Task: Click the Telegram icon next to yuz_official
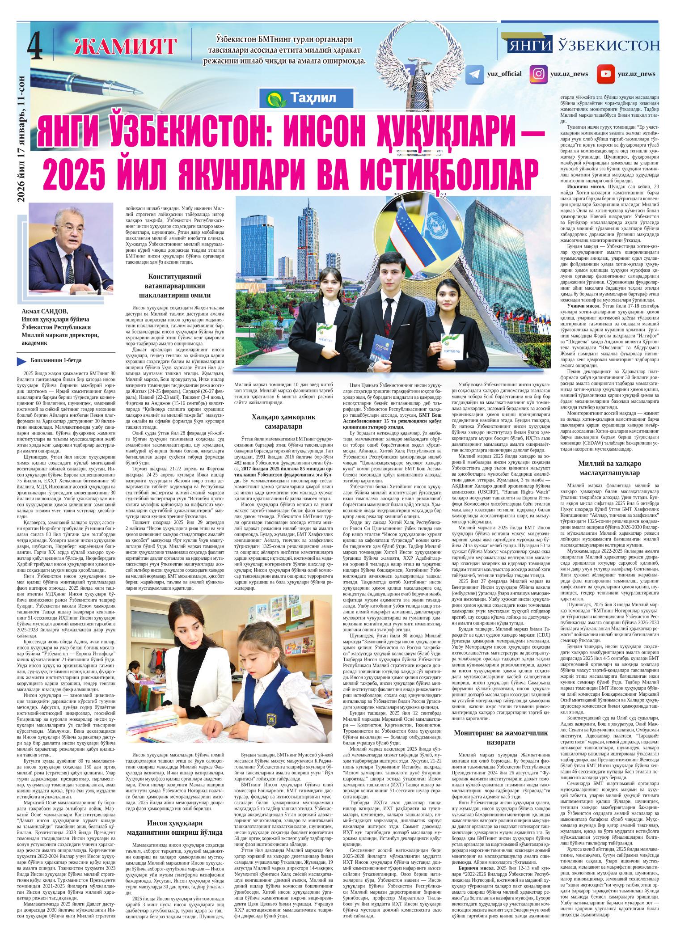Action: [475, 74]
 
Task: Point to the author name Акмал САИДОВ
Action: [46, 312]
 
